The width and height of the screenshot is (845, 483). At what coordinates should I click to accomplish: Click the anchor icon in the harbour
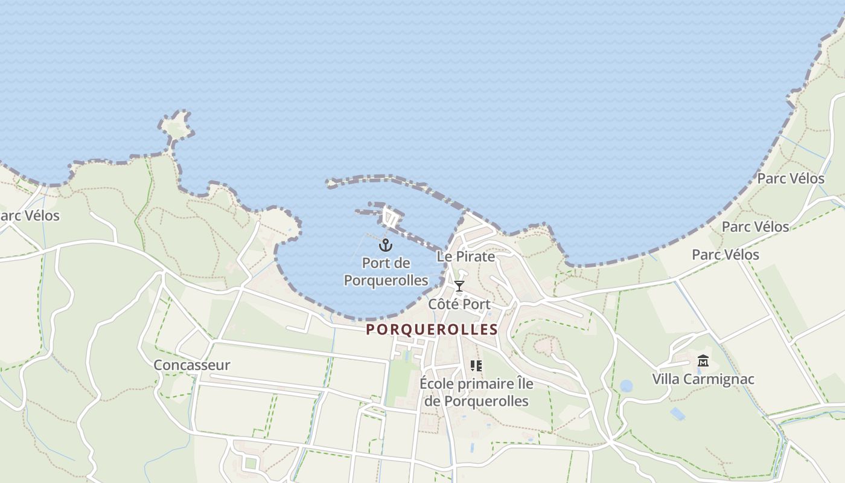(386, 245)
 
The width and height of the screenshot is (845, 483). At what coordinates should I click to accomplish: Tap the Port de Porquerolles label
(386, 272)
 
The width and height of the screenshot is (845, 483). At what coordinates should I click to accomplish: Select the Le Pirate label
(465, 257)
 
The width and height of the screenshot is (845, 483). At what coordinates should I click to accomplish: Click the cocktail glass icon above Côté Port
(459, 286)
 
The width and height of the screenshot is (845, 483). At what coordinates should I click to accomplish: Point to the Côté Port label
(459, 304)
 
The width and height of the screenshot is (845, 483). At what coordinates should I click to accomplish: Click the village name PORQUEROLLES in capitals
(432, 330)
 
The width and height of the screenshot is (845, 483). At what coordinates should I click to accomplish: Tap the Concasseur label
(191, 365)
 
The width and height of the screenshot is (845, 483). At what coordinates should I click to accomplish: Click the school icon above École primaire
(476, 366)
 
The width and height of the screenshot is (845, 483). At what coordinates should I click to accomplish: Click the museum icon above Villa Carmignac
(703, 361)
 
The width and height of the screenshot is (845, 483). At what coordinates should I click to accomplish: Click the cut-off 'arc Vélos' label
(30, 216)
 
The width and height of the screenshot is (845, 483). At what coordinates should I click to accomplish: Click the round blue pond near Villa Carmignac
(627, 386)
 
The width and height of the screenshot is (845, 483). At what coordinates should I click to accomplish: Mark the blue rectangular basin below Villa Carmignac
(677, 414)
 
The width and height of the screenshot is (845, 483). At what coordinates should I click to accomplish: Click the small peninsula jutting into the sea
(177, 126)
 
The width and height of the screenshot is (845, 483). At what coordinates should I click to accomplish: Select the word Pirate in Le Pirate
(475, 257)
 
